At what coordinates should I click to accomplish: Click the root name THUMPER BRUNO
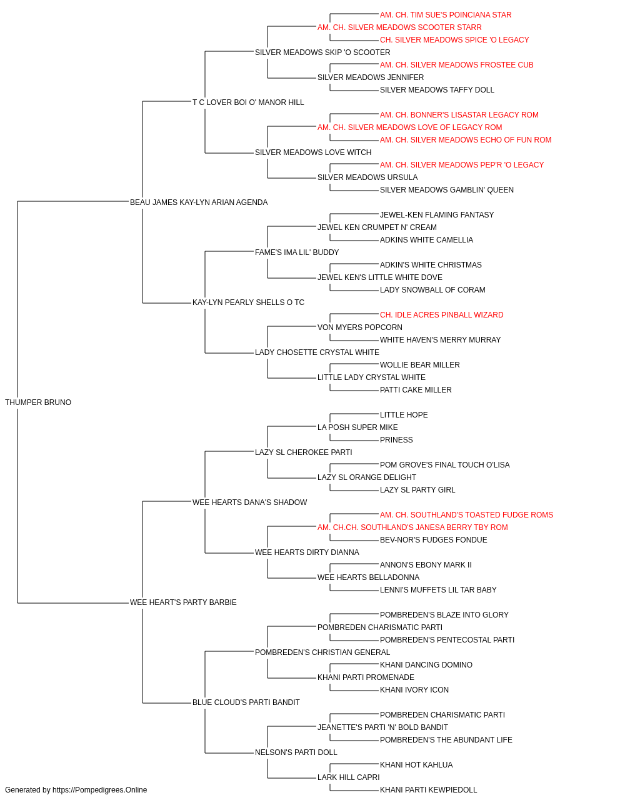[38, 402]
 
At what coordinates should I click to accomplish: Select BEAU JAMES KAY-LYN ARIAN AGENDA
[199, 202]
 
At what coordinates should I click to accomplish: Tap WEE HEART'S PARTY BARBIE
[183, 602]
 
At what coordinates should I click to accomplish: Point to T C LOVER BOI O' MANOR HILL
[248, 102]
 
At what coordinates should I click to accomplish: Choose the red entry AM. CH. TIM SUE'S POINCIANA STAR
[446, 15]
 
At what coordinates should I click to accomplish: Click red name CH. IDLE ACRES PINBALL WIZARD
[442, 315]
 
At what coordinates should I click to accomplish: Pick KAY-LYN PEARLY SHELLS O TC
[249, 302]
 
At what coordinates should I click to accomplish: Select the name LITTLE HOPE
[404, 415]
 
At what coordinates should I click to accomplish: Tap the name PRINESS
[396, 440]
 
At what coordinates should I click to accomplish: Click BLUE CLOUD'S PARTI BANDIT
[246, 702]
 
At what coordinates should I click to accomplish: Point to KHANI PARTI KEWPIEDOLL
[429, 790]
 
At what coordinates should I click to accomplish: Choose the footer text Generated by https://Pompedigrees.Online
[76, 790]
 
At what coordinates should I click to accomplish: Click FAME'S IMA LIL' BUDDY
[297, 252]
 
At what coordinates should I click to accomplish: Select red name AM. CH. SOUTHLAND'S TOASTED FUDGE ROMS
[466, 514]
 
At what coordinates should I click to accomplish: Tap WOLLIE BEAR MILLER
[420, 365]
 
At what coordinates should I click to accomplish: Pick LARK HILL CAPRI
[349, 777]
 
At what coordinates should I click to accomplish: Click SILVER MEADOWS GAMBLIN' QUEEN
[447, 190]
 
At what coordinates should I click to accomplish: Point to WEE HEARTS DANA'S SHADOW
[250, 502]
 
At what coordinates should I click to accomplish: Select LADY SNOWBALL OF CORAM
[432, 290]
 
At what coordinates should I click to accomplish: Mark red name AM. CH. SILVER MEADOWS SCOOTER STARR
[400, 27]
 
